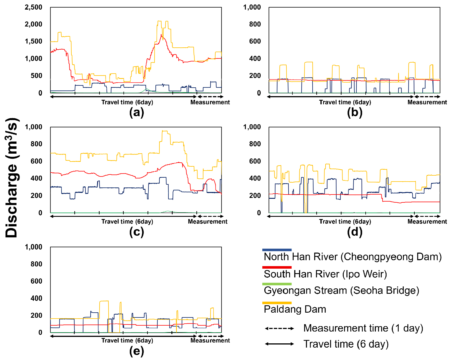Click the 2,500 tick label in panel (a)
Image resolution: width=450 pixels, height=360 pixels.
click(x=33, y=7)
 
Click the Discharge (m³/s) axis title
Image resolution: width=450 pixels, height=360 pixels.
click(x=12, y=178)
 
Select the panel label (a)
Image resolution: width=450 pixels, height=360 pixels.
click(x=137, y=112)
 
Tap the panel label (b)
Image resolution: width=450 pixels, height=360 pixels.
click(x=355, y=112)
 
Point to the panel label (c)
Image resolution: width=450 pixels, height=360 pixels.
click(x=137, y=232)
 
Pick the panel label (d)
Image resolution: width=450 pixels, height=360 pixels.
click(x=355, y=232)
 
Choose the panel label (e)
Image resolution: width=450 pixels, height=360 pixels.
click(x=137, y=351)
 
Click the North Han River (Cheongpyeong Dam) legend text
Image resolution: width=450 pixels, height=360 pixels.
click(x=352, y=257)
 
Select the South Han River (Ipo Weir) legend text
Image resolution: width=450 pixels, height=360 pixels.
click(x=325, y=274)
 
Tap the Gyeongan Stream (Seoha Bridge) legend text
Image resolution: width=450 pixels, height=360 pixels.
click(x=341, y=291)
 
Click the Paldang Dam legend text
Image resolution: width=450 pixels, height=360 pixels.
click(x=295, y=309)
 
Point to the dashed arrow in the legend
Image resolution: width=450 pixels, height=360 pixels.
click(x=279, y=328)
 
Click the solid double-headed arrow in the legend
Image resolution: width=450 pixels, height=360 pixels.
click(x=279, y=344)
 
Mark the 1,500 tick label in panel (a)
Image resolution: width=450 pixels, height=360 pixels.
click(x=33, y=41)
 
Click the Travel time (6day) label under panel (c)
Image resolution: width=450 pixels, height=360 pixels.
click(x=127, y=222)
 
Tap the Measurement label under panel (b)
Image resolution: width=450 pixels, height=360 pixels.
click(x=427, y=102)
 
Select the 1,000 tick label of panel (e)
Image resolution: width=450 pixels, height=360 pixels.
click(x=33, y=247)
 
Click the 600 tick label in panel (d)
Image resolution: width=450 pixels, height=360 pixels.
click(x=255, y=161)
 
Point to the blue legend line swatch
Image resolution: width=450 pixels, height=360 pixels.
click(x=277, y=250)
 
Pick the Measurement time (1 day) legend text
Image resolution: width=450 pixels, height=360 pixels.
click(x=363, y=328)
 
